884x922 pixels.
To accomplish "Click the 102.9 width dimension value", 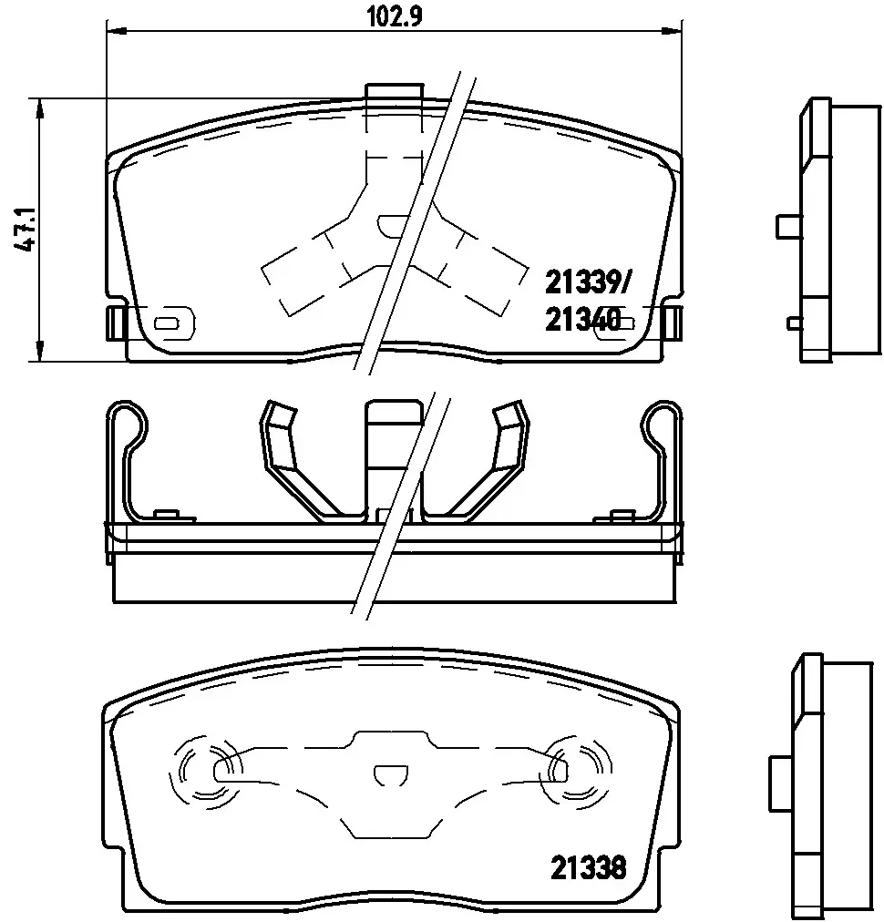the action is [394, 15].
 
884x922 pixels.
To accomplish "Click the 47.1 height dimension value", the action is [26, 230].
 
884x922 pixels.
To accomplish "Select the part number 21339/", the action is [587, 283].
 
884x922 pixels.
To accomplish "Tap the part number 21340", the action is [583, 321].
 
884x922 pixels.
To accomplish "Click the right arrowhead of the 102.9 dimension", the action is [672, 30].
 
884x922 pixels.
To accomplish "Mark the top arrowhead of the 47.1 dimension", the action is [40, 108].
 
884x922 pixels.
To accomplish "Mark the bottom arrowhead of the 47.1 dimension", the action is [40, 351].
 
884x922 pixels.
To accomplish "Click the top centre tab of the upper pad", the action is [394, 92].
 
